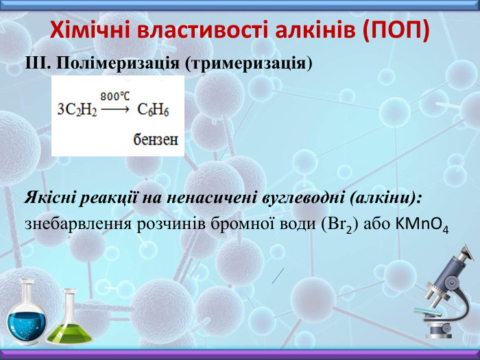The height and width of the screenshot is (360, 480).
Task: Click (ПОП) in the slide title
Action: click(396, 30)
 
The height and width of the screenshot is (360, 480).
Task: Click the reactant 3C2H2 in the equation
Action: click(77, 109)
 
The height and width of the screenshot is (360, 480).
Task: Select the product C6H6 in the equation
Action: click(153, 109)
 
